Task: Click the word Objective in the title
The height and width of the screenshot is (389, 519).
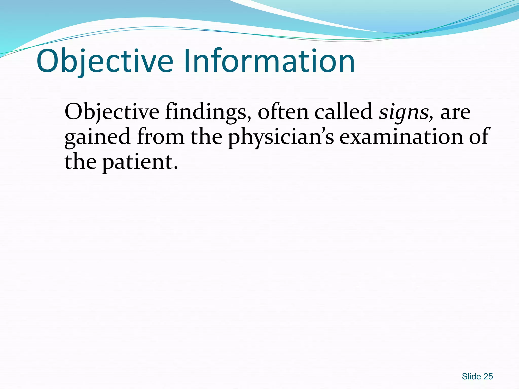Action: [105, 61]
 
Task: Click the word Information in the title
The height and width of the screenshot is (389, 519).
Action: [269, 61]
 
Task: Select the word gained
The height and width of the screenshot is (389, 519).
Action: [97, 137]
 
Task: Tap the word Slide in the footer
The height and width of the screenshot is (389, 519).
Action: [471, 377]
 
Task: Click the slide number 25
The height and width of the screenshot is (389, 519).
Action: [488, 377]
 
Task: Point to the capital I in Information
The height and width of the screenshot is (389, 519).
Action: [187, 61]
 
